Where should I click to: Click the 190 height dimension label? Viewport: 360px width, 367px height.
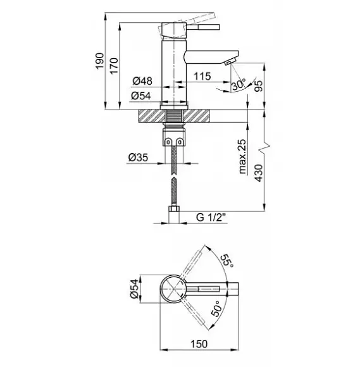[99, 61]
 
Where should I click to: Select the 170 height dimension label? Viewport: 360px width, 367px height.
[114, 66]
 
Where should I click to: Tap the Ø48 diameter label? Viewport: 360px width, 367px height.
[142, 81]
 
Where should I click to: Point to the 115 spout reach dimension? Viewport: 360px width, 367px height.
[202, 76]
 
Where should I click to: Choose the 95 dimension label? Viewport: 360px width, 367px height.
[259, 86]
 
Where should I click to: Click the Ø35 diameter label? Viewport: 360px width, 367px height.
[138, 158]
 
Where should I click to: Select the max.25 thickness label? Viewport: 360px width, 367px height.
[242, 156]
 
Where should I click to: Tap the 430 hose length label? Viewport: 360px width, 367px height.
[259, 173]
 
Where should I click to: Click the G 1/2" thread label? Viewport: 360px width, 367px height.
[211, 218]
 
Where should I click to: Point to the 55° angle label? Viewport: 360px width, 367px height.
[227, 261]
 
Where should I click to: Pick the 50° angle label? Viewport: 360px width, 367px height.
[216, 309]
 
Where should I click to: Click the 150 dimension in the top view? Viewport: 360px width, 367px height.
[199, 344]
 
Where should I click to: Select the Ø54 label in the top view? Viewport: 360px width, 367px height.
[134, 289]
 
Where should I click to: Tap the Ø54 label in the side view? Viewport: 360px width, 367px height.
[141, 96]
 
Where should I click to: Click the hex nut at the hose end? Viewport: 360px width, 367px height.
[174, 209]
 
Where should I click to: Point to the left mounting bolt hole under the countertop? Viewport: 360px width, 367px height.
[168, 142]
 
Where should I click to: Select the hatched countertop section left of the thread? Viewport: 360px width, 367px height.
[152, 116]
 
